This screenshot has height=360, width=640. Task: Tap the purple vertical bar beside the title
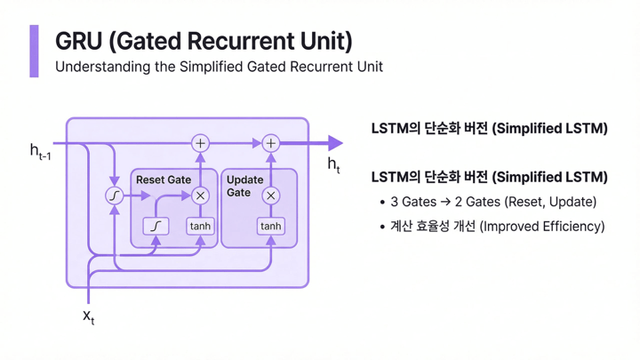click(x=35, y=51)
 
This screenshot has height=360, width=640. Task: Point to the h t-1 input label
click(x=39, y=152)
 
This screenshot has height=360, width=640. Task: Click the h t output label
click(x=333, y=164)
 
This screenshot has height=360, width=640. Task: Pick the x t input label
click(x=88, y=316)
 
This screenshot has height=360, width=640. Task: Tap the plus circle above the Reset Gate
click(x=200, y=143)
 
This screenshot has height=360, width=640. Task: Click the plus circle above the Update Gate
click(x=270, y=143)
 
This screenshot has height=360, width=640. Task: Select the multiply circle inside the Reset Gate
click(x=200, y=196)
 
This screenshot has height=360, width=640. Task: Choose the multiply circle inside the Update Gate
click(x=270, y=196)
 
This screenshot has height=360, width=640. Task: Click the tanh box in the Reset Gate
click(x=200, y=226)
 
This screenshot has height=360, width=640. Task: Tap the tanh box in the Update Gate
click(x=270, y=226)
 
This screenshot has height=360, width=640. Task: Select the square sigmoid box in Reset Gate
click(x=156, y=226)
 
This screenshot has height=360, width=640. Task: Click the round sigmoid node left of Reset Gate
click(x=115, y=196)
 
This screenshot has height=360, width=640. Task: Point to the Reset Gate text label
click(x=163, y=180)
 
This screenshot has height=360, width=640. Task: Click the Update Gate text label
click(x=244, y=186)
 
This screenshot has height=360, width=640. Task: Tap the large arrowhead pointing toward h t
click(x=333, y=143)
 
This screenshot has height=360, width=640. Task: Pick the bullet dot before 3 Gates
click(x=382, y=203)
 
